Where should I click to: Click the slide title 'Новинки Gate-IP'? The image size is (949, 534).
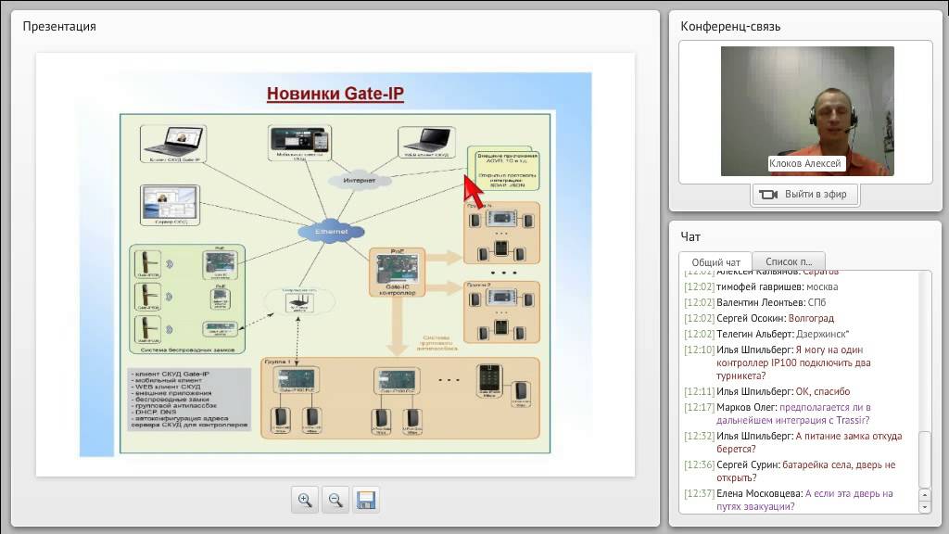pos(335,94)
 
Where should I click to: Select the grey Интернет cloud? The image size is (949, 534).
pos(359,179)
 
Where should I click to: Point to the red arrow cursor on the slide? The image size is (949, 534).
pos(474,191)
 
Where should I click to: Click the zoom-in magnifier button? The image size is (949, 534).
pos(304,500)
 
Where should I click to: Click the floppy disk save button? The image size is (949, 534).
pos(365,500)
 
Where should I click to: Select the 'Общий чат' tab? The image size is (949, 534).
pos(715,262)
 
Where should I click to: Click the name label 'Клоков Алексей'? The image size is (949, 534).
pos(805,163)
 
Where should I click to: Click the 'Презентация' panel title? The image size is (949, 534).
pos(59,26)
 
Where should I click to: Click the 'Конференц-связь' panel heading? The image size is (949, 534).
pos(730,26)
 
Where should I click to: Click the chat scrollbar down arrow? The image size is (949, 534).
pos(924,506)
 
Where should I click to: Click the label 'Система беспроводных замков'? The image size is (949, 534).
pos(185,350)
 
